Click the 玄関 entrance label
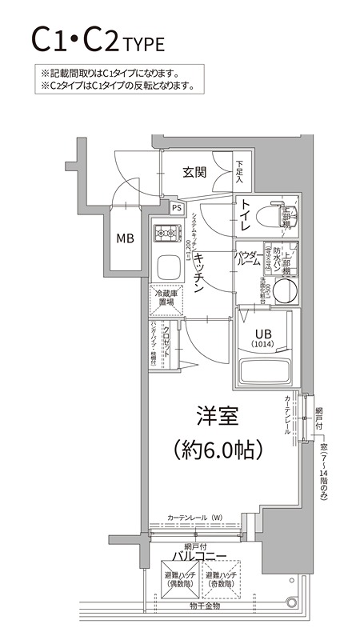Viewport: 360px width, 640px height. [194, 171]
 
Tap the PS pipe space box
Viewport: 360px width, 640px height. [176, 208]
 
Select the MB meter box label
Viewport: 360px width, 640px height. [126, 238]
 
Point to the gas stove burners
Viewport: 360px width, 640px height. [167, 234]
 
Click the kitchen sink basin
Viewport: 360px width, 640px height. [167, 266]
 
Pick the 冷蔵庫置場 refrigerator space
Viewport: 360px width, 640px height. [166, 299]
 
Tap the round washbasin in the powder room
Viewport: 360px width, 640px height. [286, 289]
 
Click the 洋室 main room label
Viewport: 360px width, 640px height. [218, 416]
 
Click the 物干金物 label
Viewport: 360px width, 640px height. [204, 606]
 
